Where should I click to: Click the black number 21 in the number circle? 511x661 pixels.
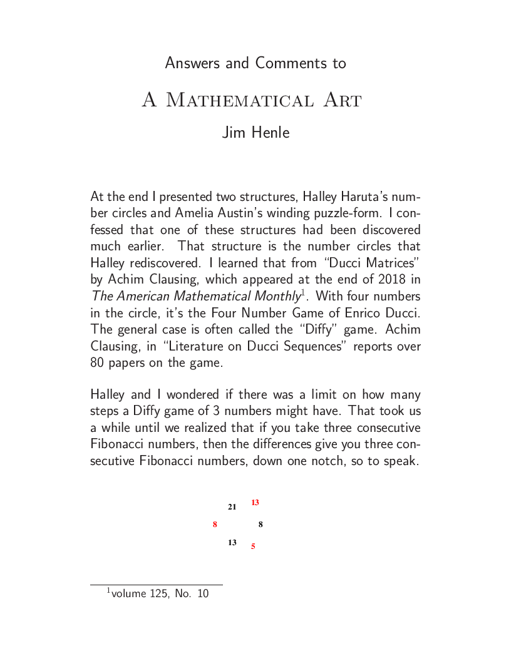pyautogui.click(x=232, y=507)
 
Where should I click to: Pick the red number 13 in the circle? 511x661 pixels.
pyautogui.click(x=255, y=503)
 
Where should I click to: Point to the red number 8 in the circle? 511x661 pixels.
pyautogui.click(x=215, y=525)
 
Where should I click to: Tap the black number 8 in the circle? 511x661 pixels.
pyautogui.click(x=261, y=525)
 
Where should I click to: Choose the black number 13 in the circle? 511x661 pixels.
pyautogui.click(x=232, y=543)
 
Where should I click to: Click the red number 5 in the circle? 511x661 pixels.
pyautogui.click(x=253, y=546)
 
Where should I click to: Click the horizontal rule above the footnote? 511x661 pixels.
pyautogui.click(x=157, y=585)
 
